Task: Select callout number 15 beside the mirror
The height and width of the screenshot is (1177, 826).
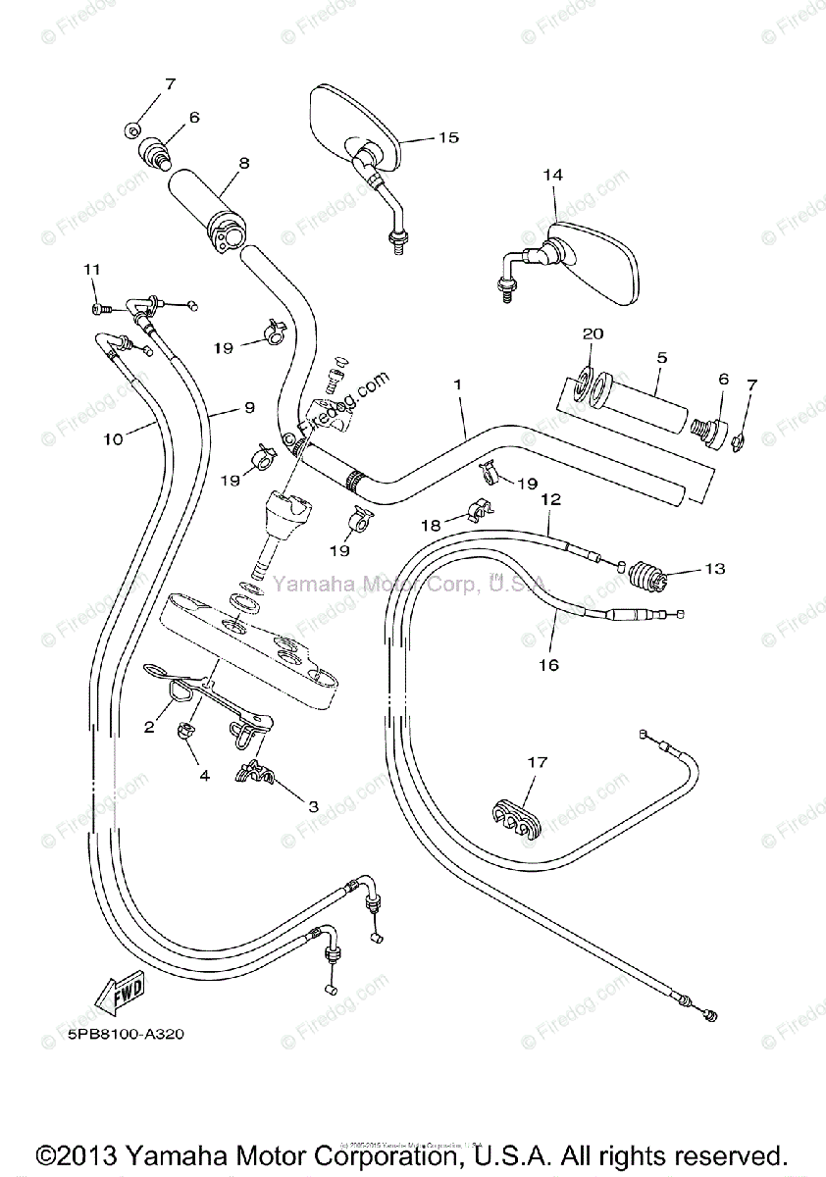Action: coord(447,137)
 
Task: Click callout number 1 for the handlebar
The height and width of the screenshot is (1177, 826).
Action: coord(457,386)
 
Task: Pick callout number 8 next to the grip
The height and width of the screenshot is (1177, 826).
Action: coord(243,163)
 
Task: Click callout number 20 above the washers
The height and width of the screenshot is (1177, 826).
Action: coord(592,333)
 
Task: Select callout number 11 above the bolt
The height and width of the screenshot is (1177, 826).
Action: coord(92,270)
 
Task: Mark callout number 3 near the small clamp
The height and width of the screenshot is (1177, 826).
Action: coord(313,806)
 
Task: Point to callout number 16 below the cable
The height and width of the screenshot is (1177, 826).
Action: coord(547,665)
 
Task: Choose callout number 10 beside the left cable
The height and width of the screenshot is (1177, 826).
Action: coord(114,439)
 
